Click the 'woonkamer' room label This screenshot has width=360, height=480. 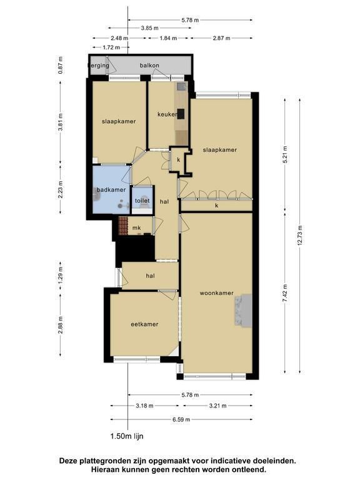tap(216, 293)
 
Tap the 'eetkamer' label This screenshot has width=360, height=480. tap(144, 324)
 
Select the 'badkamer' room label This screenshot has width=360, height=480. tap(111, 190)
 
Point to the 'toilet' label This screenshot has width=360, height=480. tap(142, 201)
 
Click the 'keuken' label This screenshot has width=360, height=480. tap(167, 114)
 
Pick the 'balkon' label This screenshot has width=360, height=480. tap(149, 66)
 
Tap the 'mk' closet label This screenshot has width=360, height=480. tap(136, 228)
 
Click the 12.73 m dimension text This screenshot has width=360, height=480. tap(300, 235)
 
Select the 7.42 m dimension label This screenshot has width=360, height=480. tap(285, 293)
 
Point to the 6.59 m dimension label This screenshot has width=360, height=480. tap(181, 419)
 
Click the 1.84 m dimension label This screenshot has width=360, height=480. tap(168, 38)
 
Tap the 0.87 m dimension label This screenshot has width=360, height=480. tap(61, 65)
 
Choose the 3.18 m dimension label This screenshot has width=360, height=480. tap(144, 406)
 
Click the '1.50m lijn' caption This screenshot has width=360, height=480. tap(127, 436)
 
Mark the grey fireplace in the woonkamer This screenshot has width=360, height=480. tap(243, 311)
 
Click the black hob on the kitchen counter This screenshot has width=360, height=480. tap(181, 114)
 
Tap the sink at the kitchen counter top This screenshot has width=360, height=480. tap(181, 86)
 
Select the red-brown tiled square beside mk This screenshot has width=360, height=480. tap(123, 226)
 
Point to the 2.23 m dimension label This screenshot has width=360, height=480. tap(61, 189)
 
